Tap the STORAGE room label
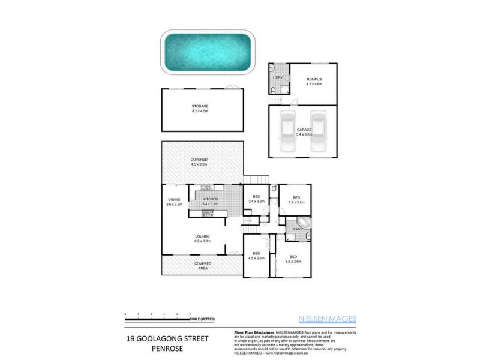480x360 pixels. pos(200,106)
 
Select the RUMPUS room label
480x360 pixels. pos(314,79)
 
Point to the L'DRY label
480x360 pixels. pos(277,79)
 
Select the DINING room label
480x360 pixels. pos(174,199)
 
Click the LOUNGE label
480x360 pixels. pos(202,236)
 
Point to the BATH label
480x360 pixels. pos(297,229)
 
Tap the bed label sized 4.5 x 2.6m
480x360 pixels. pos(256,253)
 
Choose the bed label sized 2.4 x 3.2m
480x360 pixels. pos(256,197)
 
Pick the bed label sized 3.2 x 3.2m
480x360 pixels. pos(296,197)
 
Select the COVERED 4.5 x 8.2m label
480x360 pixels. pos(199,160)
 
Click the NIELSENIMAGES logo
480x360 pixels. pos(327,319)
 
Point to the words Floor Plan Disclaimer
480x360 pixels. pos(253,332)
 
